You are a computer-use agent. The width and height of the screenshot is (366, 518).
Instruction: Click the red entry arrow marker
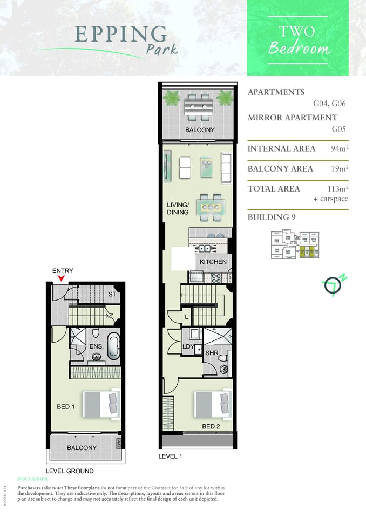coord(62,278)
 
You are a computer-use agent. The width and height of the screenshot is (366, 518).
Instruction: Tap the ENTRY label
coord(63,271)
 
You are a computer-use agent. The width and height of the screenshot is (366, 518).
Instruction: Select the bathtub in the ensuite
coord(113,347)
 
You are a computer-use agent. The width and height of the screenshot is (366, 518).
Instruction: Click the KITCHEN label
coord(213,262)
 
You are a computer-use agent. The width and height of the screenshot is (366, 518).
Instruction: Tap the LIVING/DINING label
coord(178,208)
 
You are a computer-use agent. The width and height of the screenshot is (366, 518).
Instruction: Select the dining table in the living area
coord(209,207)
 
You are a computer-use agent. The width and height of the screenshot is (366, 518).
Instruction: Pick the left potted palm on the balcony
coord(172,98)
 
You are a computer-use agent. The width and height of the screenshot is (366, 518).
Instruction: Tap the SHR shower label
coord(211,352)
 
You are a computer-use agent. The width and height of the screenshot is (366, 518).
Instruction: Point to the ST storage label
coord(112,294)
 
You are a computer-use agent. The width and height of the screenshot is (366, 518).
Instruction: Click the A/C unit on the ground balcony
coord(119,444)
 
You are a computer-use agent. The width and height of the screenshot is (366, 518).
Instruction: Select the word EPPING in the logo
coord(121,34)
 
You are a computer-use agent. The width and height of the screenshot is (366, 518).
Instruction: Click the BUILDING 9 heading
coord(271,217)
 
